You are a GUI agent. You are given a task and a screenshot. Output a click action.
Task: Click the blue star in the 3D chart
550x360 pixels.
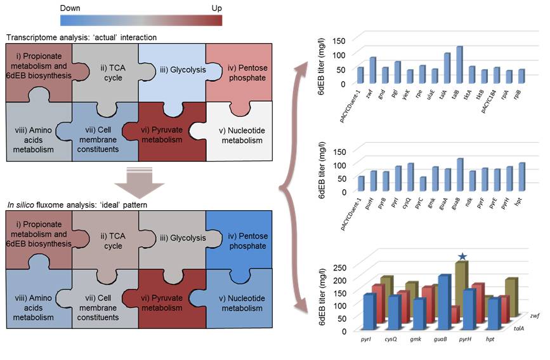(462, 256)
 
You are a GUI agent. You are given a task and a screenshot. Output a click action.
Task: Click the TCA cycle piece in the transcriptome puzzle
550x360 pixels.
(105, 74)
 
